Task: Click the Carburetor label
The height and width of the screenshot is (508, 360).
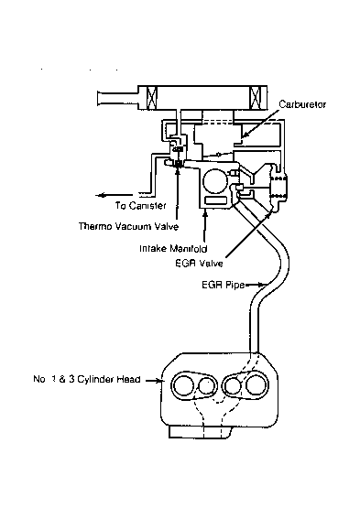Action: tap(302, 103)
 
